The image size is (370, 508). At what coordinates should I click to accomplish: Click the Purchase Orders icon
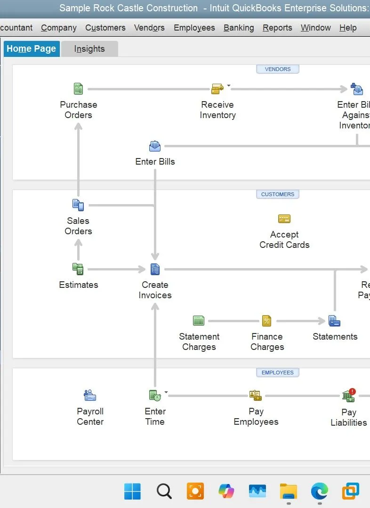point(78,88)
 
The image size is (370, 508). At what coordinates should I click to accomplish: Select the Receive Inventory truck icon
point(217,88)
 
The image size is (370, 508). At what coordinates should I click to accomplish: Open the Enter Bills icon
point(155,146)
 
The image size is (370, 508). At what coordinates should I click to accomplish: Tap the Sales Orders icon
point(78,205)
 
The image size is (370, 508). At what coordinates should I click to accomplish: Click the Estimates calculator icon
point(78,269)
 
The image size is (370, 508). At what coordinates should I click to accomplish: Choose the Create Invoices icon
point(155,269)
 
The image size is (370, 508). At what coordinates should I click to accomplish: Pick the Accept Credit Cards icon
point(284,219)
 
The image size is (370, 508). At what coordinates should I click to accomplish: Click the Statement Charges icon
point(199,321)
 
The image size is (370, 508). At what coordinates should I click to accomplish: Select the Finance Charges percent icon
point(266,321)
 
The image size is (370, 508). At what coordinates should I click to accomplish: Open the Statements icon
point(334,321)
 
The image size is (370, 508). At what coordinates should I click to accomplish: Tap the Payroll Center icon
point(90,395)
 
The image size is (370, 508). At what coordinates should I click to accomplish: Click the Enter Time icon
point(155,396)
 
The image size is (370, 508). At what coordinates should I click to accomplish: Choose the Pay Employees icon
point(256,396)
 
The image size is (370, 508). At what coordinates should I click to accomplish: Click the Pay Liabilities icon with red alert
point(349,396)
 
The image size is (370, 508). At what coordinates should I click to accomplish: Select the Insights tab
point(89,49)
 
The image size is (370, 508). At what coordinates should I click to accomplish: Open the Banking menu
point(239,28)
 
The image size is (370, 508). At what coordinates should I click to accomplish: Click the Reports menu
point(277,28)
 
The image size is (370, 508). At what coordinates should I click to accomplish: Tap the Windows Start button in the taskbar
point(132,491)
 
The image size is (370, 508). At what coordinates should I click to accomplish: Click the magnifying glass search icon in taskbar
point(164,491)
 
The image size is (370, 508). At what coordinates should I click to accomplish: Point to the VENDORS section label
point(278,69)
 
